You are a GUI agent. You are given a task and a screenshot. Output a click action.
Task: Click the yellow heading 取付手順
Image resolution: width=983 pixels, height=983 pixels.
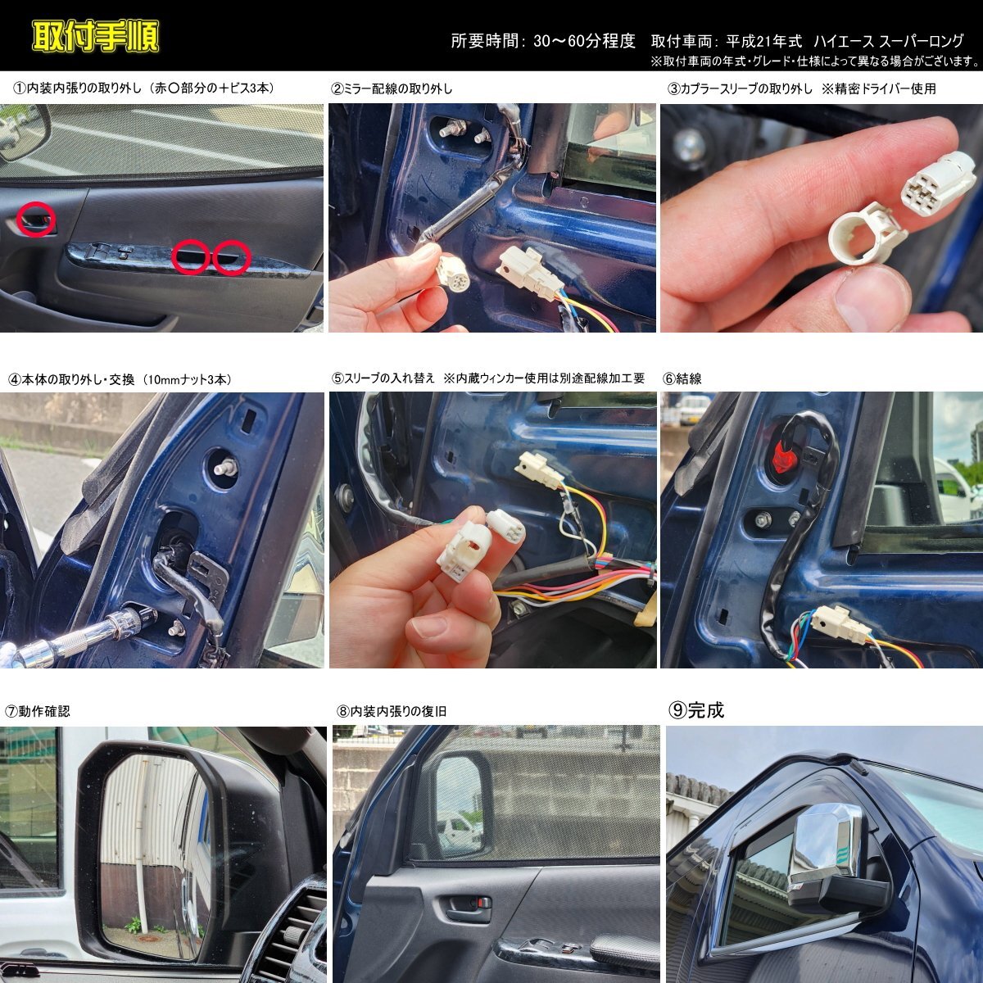(95, 36)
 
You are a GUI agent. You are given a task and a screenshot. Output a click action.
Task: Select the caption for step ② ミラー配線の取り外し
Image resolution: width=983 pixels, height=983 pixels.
(392, 88)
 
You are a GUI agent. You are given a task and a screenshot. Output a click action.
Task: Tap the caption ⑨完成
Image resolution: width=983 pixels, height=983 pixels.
(695, 710)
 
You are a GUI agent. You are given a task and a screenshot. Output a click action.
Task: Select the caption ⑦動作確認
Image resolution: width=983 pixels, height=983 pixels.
(37, 712)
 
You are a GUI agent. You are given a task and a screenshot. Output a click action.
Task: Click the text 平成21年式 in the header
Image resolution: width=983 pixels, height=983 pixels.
(764, 41)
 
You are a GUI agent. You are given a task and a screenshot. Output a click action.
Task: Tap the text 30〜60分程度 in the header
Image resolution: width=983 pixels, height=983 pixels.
(584, 41)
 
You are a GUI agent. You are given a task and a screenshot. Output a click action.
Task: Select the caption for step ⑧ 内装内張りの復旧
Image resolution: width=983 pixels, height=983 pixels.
(392, 711)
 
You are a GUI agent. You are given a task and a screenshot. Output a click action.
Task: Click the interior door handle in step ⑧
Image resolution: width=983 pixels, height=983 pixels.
(465, 904)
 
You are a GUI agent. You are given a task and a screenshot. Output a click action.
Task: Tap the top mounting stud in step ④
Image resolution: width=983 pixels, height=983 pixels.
(226, 466)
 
